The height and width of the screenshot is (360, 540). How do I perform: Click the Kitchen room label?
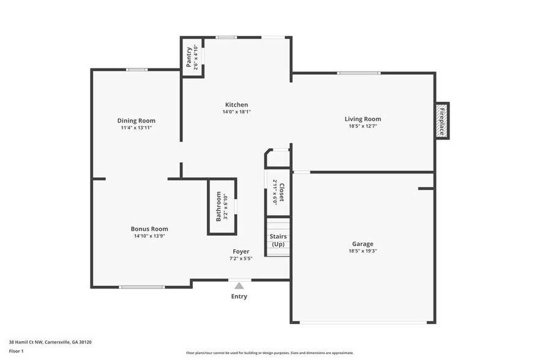[236, 105]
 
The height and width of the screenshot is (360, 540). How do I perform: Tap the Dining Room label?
[137, 121]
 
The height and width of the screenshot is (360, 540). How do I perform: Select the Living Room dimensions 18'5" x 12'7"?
[362, 127]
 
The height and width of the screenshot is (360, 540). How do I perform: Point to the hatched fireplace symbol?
[442, 121]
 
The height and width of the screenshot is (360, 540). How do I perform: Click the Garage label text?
[362, 244]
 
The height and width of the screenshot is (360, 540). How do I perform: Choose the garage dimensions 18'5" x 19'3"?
[362, 251]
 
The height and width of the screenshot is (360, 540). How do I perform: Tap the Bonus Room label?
[149, 229]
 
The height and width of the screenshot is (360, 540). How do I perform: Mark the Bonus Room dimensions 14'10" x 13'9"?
[149, 236]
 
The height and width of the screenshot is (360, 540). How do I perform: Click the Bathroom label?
[219, 206]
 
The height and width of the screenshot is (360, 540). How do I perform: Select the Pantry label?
[189, 57]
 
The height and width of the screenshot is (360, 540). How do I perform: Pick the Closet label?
[282, 192]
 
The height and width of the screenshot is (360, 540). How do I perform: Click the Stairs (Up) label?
[278, 240]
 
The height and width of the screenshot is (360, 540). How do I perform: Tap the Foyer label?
[241, 252]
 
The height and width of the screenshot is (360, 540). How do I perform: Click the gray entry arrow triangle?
[239, 285]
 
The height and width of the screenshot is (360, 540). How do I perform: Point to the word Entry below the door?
[239, 297]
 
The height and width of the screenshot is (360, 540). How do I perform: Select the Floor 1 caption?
[16, 351]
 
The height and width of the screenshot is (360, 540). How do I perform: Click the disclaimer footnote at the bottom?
[269, 353]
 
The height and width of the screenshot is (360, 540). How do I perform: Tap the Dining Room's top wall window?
[137, 70]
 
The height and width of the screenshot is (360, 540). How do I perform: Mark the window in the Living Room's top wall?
[359, 73]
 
